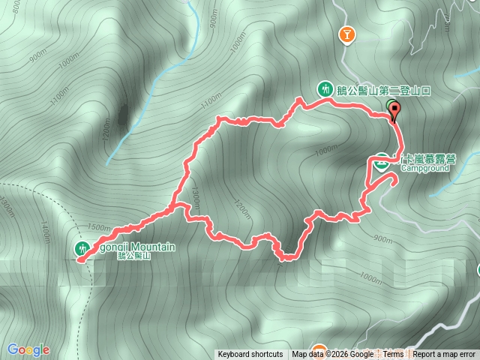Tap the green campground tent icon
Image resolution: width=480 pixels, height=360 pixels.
(382, 160)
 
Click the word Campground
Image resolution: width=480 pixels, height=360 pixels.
(424, 169)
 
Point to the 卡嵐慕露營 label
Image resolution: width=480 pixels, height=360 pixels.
(428, 159)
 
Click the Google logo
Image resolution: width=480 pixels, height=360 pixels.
(28, 349)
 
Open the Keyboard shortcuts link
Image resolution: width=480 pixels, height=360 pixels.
(250, 355)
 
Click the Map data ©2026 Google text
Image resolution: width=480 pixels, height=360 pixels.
(332, 355)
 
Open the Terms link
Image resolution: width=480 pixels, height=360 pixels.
(393, 355)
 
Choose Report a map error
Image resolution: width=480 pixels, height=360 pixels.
(444, 355)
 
